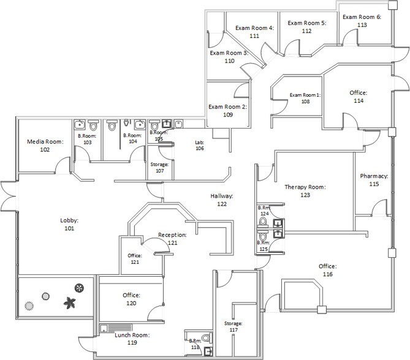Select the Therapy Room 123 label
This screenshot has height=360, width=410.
click(x=305, y=191)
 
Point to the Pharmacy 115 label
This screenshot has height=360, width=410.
click(x=374, y=180)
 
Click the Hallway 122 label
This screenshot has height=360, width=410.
click(x=222, y=200)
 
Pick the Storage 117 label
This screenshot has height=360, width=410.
click(x=233, y=326)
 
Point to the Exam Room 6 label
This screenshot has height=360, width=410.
click(x=362, y=21)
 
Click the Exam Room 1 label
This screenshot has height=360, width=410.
click(x=305, y=98)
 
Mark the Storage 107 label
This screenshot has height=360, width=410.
click(x=160, y=167)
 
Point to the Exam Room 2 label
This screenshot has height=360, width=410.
click(x=227, y=110)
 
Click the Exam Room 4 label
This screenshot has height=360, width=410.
click(x=254, y=32)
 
